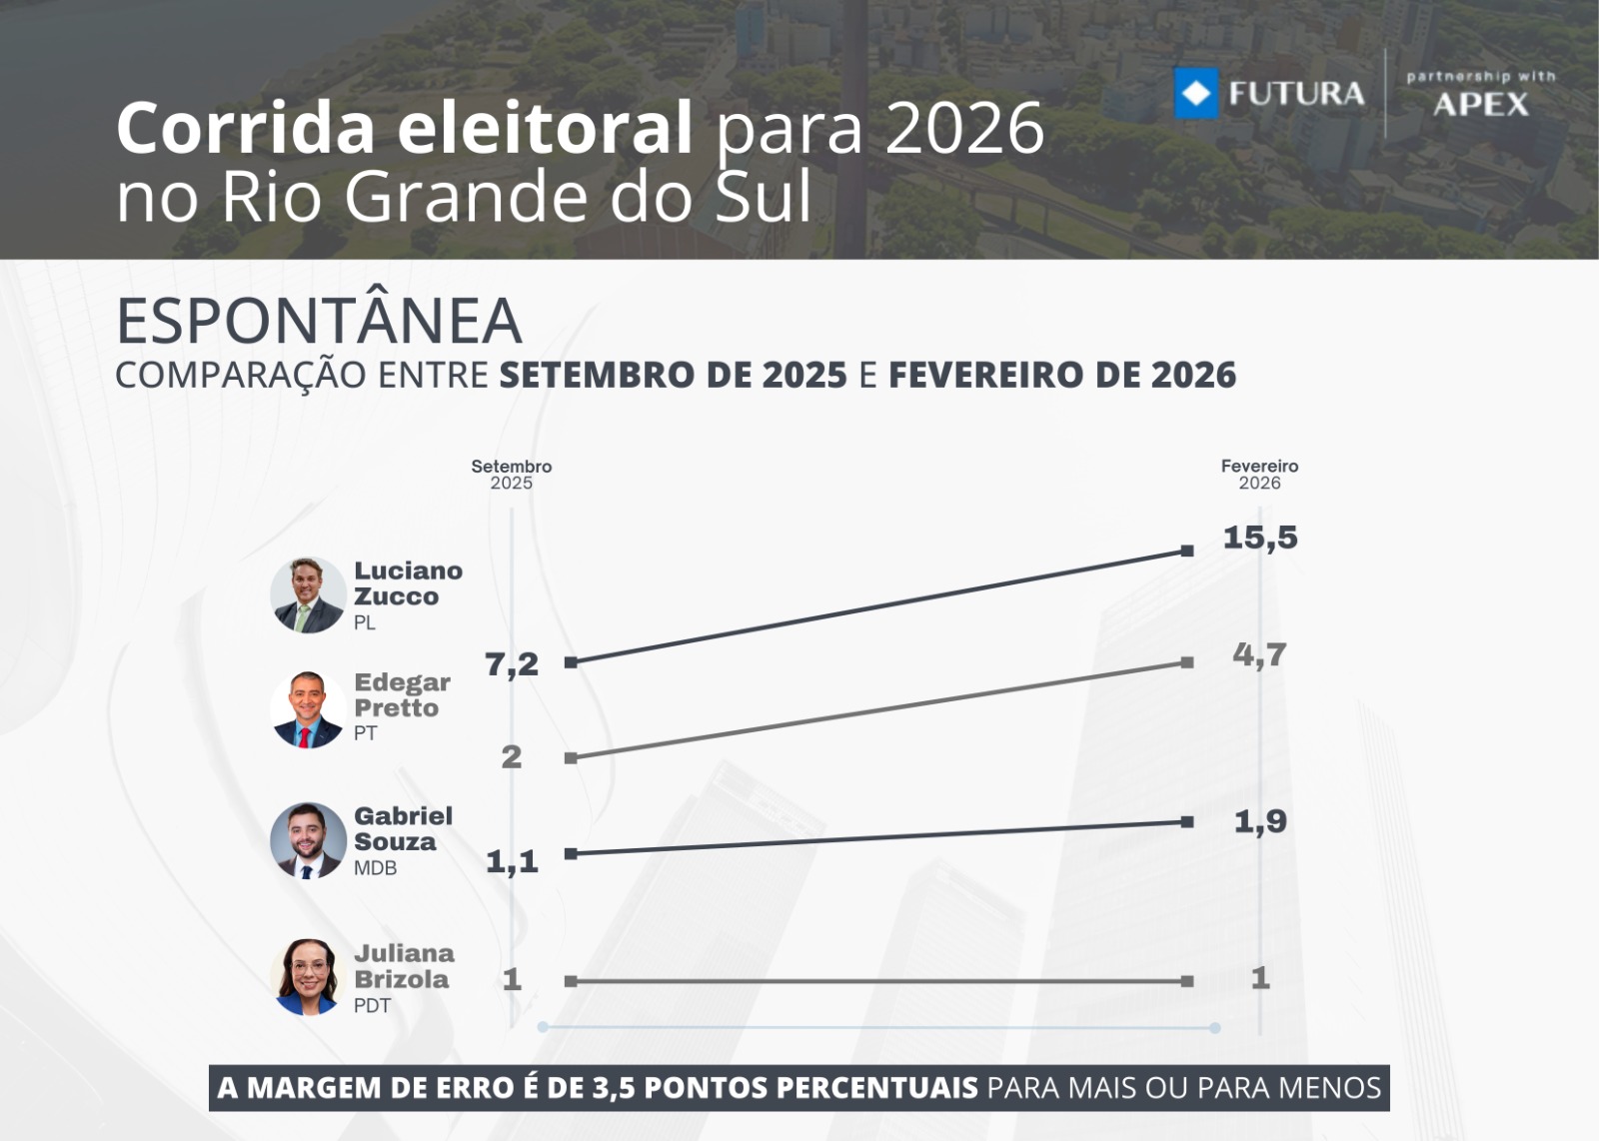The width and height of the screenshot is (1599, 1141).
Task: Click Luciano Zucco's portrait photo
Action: tap(308, 595)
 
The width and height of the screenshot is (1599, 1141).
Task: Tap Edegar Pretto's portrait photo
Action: tap(308, 709)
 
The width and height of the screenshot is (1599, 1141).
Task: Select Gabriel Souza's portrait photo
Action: tap(308, 840)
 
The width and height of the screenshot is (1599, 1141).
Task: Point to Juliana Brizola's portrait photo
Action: tap(308, 977)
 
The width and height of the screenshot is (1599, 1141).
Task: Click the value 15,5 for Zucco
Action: tap(1260, 538)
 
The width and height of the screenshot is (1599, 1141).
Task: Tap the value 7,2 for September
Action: tap(512, 664)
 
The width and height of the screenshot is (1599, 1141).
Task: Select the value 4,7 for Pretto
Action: tap(1259, 655)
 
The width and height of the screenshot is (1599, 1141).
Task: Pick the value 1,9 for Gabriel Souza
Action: tap(1260, 822)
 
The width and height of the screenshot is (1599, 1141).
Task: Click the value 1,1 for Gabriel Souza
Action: tap(512, 861)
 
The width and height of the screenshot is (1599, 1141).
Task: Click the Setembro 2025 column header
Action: tap(512, 475)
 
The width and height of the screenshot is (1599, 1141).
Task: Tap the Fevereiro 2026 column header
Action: tap(1259, 475)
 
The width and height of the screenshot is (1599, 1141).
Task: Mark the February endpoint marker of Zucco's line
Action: tap(1187, 551)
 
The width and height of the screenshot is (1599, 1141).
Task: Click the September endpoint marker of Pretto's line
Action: tap(571, 758)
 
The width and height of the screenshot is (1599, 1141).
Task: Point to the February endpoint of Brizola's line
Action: tap(1187, 981)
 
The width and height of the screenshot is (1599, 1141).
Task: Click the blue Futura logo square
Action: tap(1196, 94)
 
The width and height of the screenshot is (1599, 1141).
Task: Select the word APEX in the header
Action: tap(1481, 104)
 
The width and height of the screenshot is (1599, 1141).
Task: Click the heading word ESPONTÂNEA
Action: tap(319, 321)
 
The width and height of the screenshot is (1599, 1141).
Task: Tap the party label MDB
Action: tap(376, 868)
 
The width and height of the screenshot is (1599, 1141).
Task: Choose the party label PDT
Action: tap(373, 1006)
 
